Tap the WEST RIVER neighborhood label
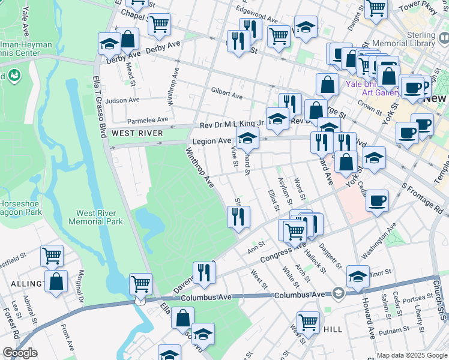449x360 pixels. click(x=137, y=133)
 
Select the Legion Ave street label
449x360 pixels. click(x=211, y=141)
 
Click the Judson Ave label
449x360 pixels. click(x=122, y=101)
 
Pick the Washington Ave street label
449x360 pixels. click(x=383, y=238)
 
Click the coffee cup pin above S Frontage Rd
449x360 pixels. click(x=377, y=201)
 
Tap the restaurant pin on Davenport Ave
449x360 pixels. click(x=204, y=273)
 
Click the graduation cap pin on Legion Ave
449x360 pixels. click(x=247, y=139)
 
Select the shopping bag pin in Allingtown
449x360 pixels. click(x=56, y=281)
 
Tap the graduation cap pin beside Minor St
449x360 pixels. click(x=358, y=277)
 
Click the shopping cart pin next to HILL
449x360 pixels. click(x=308, y=322)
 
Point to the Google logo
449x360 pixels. click(x=20, y=353)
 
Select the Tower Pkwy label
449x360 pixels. click(x=425, y=10)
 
